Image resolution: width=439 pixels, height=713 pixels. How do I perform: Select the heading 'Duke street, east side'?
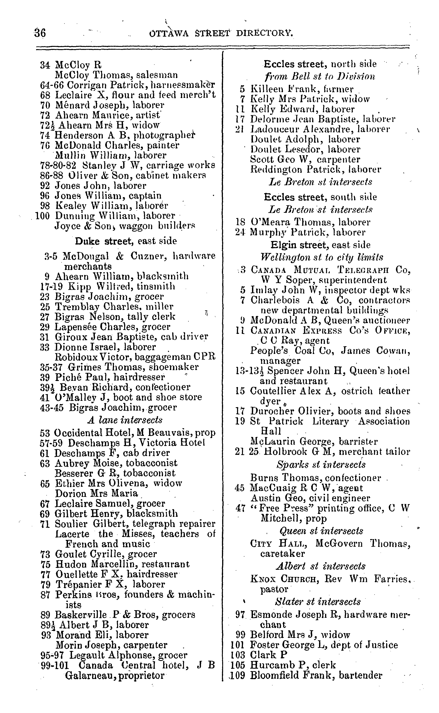126,241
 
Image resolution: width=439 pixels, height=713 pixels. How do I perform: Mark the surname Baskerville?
81,615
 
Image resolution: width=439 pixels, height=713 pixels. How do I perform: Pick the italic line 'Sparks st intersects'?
321,464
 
